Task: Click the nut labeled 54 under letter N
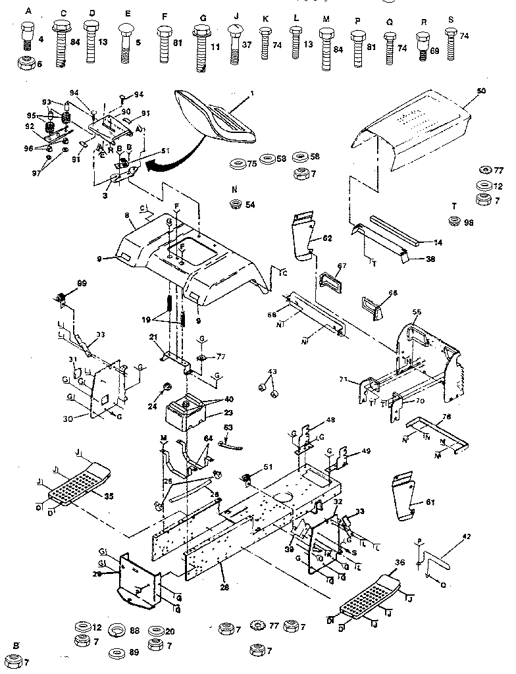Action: tap(234, 205)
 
